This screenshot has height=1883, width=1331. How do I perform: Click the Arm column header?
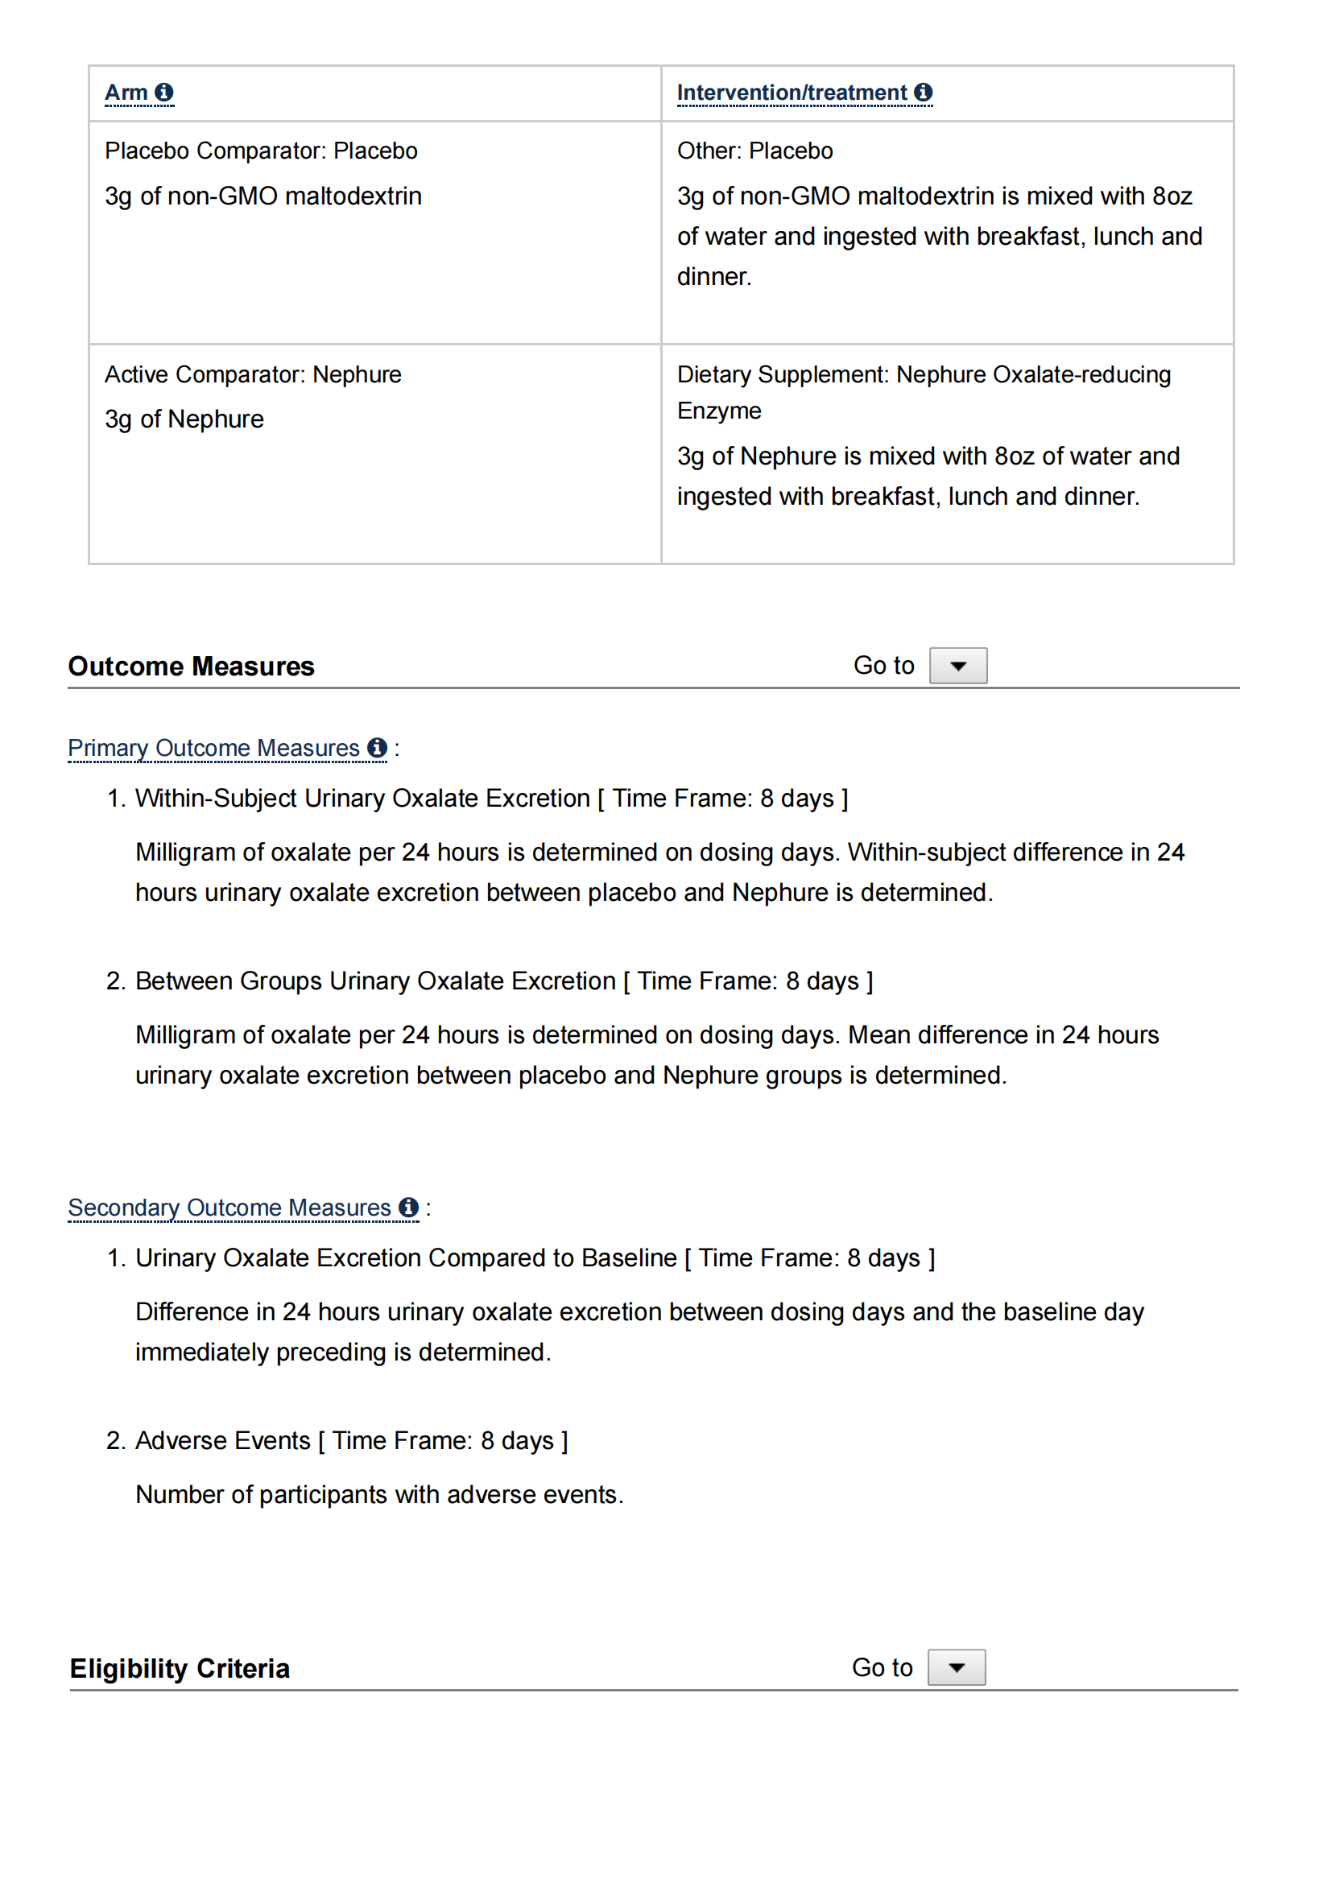(126, 93)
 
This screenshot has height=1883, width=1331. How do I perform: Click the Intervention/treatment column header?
(792, 93)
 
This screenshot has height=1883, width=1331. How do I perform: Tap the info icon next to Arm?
(164, 93)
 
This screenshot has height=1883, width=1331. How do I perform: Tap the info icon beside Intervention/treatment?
(924, 93)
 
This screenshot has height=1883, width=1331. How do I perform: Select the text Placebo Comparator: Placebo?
(261, 151)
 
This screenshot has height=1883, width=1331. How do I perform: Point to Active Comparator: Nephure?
(253, 375)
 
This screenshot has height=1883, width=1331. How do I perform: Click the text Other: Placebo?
(754, 151)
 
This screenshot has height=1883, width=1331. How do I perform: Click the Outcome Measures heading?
(191, 666)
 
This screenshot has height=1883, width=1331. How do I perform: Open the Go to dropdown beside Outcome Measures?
(958, 665)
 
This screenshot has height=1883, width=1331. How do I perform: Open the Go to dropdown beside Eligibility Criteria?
(957, 1667)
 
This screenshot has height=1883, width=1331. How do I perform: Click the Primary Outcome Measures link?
(213, 748)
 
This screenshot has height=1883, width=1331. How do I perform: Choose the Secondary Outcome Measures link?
(229, 1208)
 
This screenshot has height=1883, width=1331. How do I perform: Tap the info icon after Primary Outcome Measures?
(378, 748)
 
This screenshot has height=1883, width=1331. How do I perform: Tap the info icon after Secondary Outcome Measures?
(408, 1208)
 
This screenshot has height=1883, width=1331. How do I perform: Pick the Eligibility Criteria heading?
(180, 1669)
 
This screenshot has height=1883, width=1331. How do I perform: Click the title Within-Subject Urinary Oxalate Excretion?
(362, 798)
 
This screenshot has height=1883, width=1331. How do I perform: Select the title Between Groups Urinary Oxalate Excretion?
(374, 981)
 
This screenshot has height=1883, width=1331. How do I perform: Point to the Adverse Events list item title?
(222, 1441)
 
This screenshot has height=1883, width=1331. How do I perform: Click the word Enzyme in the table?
(719, 411)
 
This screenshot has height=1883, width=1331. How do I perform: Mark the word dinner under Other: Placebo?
(713, 277)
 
